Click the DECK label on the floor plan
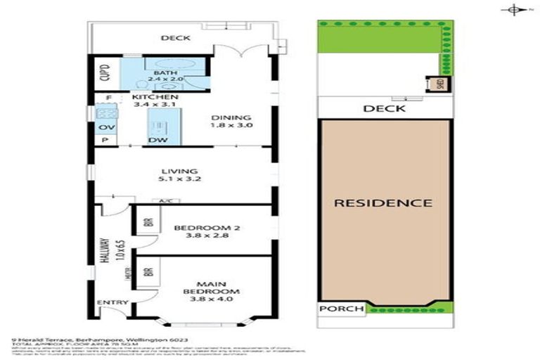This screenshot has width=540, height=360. pos(173,38)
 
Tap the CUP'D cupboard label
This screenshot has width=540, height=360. pos(103,70)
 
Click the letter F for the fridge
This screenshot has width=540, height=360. pos(108,98)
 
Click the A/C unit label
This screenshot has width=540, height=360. pos(165,201)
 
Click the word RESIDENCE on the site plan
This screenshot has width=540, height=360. pos(382,203)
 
